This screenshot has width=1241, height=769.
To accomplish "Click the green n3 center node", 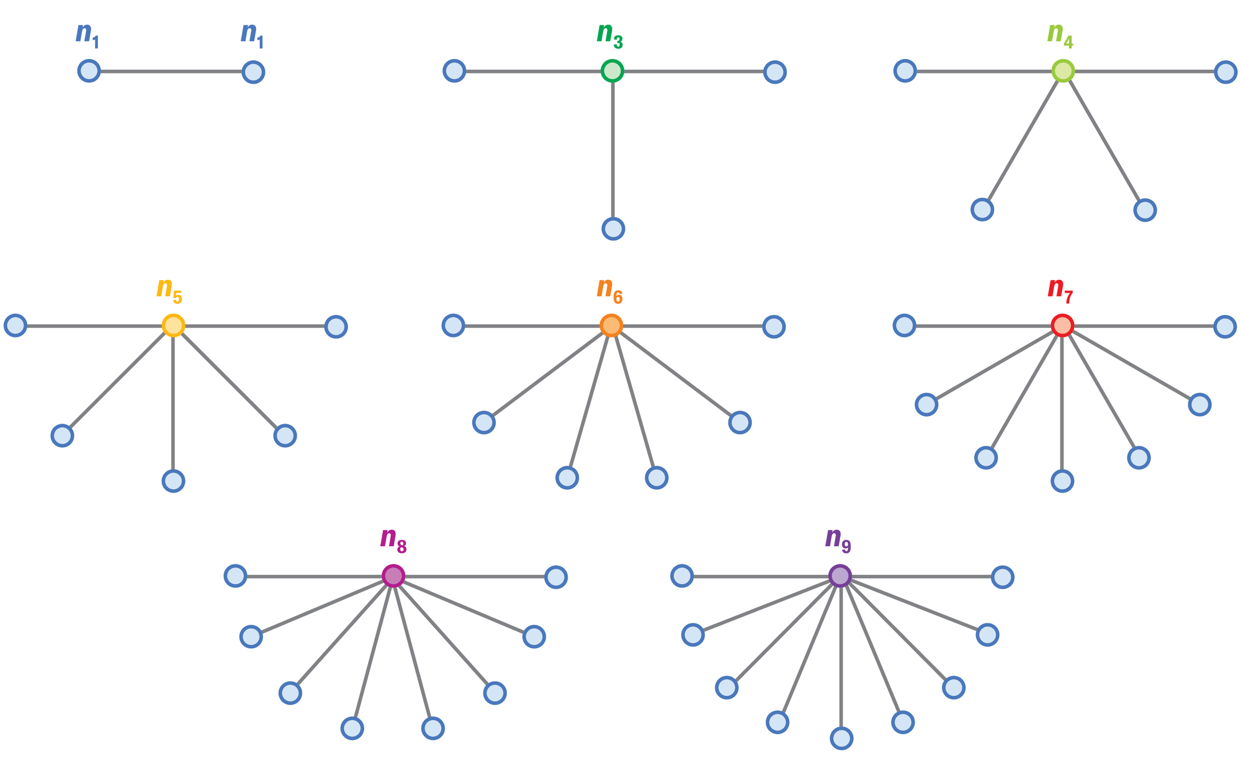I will click(612, 71).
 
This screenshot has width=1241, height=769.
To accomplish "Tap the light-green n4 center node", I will click(1063, 71).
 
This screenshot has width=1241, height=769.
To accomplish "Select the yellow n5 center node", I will click(173, 326).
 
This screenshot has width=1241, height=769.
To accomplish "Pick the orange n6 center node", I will click(611, 326).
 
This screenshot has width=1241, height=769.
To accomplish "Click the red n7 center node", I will click(1062, 326).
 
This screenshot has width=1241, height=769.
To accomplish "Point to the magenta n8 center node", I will click(393, 576).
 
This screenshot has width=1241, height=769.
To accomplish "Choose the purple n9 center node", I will click(840, 576).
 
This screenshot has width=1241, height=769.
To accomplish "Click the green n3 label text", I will click(609, 35).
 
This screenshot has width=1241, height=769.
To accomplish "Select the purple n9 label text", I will click(838, 540).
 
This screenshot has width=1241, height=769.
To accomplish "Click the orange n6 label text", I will click(609, 290).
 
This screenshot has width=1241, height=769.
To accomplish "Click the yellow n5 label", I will click(169, 290).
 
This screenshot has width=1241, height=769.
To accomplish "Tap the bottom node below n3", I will click(613, 229).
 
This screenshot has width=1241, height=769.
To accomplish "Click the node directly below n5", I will click(173, 481).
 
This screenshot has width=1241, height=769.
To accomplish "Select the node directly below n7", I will click(1062, 481).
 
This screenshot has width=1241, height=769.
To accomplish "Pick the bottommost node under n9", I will click(841, 738).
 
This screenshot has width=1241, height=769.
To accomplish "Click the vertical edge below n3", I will click(613, 149).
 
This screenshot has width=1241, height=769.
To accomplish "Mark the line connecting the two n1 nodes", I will click(171, 71).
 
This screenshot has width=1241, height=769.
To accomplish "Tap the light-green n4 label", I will click(1060, 35).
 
